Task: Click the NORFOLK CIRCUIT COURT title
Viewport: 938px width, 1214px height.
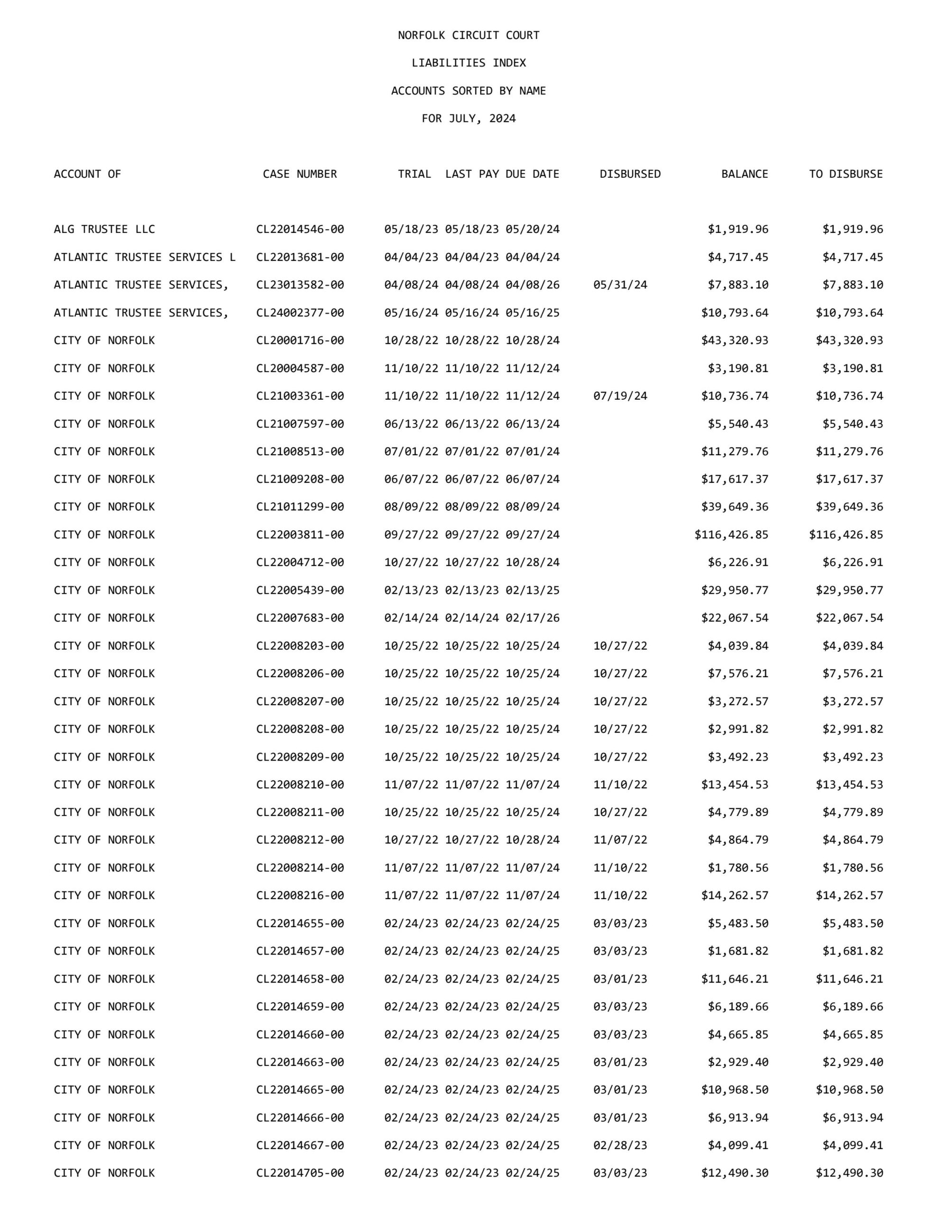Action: coord(468,36)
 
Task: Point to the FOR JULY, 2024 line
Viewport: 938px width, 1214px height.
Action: coord(468,119)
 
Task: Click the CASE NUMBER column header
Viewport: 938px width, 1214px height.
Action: coord(300,174)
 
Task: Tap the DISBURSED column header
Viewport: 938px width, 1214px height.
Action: coord(630,174)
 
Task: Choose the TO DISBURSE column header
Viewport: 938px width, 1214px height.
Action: coord(846,174)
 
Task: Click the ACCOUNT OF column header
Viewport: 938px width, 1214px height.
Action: coord(87,174)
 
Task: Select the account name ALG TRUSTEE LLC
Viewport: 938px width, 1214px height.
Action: coord(104,230)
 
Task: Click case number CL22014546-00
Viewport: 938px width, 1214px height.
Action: coord(300,230)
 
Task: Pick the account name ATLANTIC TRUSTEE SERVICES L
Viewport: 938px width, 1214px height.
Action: coord(145,258)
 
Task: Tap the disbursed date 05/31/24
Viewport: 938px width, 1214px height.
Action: coord(620,285)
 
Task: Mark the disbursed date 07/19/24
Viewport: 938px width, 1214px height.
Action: coord(620,396)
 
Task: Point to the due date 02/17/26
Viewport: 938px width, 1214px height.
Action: coord(532,618)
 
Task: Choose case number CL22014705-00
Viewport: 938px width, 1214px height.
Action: coord(300,1173)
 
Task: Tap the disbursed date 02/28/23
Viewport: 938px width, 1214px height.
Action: coord(620,1145)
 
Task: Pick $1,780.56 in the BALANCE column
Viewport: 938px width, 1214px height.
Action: coord(738,868)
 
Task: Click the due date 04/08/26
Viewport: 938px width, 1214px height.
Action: coord(532,285)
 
